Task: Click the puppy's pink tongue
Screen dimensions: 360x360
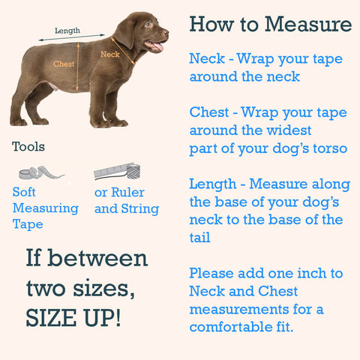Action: coord(157,47)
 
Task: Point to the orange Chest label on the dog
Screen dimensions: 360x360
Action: coord(64,64)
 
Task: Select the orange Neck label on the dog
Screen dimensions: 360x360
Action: coord(109,54)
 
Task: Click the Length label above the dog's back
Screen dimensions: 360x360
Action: coord(67,31)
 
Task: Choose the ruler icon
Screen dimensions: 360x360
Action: coord(117,172)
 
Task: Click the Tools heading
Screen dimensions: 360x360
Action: coord(28,146)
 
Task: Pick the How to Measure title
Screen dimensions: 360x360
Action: coord(270,24)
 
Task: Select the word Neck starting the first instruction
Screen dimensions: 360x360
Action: coord(205,58)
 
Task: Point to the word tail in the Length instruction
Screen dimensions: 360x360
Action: coord(201,238)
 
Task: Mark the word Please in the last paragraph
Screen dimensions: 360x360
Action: coord(213,273)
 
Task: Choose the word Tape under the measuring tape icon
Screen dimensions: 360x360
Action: coord(28,223)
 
